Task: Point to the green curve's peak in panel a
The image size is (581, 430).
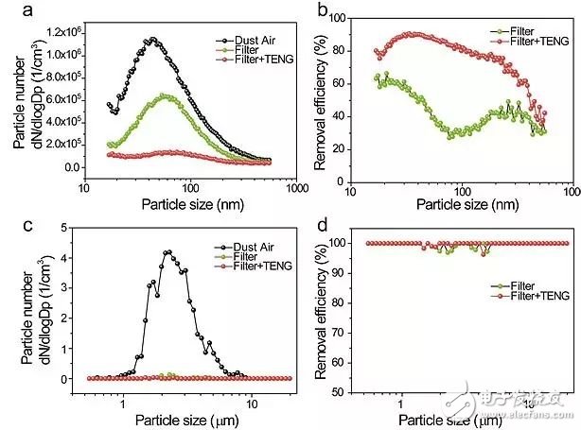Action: tap(165, 95)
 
